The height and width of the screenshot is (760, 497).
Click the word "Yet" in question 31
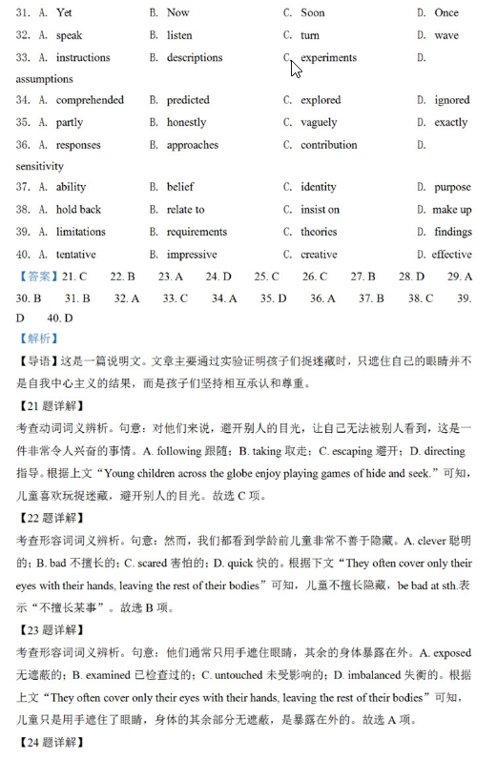[64, 13]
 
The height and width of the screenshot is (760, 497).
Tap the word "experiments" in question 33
[328, 57]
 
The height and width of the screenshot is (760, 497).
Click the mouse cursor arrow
[295, 68]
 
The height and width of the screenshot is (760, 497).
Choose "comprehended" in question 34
[90, 100]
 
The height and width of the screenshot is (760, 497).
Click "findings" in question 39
[452, 232]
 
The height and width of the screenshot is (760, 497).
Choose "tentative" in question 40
[76, 255]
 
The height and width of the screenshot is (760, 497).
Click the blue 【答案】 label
[37, 277]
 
